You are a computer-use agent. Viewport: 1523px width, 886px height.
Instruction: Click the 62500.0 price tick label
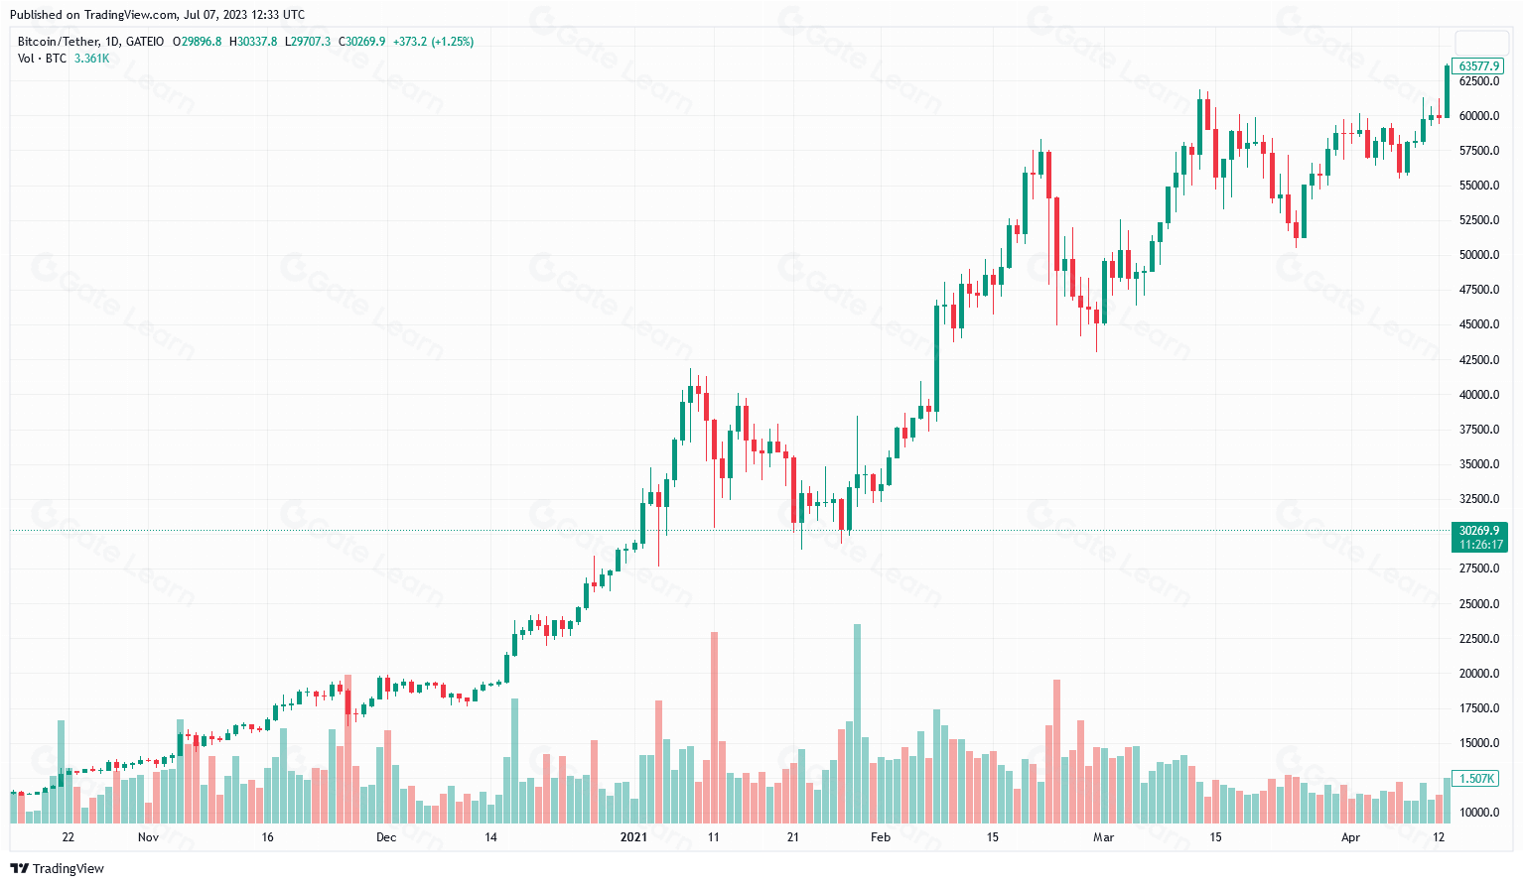tap(1478, 80)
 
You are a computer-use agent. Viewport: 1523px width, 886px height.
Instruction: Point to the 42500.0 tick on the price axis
tap(1478, 359)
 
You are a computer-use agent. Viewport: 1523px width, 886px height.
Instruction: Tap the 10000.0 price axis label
tap(1478, 813)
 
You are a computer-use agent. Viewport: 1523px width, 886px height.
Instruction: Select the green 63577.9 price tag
tap(1478, 66)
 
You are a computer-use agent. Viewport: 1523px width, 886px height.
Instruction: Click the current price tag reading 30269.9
tap(1478, 531)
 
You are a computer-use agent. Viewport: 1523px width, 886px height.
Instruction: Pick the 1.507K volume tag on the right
tap(1478, 778)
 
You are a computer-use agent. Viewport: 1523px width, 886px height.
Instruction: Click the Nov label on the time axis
tap(148, 837)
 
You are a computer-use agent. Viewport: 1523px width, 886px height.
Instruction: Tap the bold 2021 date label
tap(633, 837)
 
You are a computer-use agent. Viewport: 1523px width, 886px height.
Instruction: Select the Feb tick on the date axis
tap(880, 837)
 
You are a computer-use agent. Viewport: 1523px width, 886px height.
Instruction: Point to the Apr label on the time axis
tap(1350, 837)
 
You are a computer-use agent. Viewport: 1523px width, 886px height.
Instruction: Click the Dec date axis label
tap(386, 837)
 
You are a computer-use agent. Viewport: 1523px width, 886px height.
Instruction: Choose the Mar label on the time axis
tap(1103, 837)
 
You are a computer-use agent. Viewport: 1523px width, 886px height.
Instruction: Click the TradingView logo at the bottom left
tap(58, 868)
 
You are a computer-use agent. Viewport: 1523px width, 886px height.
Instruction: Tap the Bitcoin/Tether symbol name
tap(59, 42)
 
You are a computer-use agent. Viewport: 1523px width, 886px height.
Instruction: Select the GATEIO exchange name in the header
tap(145, 42)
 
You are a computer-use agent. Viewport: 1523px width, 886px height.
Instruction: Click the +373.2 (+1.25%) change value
tap(433, 42)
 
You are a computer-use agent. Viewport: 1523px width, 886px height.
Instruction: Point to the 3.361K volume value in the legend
tap(91, 59)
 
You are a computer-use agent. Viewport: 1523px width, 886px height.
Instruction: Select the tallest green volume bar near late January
tap(858, 723)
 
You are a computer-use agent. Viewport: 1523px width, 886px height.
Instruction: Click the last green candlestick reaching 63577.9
tap(1447, 91)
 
